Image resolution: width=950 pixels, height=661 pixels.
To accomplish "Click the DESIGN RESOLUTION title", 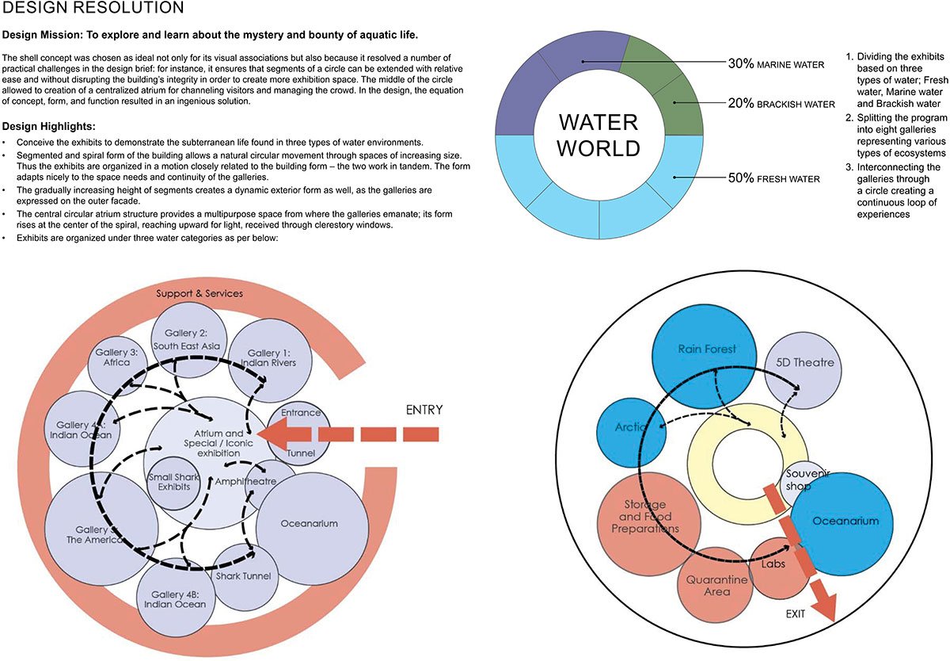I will pos(94,9).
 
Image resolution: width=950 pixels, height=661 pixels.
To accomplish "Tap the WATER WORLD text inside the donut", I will pos(598,136).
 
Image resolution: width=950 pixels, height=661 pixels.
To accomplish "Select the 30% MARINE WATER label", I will pos(776,63).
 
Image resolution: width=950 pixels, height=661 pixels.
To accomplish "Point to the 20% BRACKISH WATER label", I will pos(781,104).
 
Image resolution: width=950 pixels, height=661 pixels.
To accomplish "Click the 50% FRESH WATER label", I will pos(773,179).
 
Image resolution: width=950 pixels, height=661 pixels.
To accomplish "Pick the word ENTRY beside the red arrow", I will pos(424,410).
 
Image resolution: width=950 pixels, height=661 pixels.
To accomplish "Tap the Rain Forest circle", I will pos(707,350).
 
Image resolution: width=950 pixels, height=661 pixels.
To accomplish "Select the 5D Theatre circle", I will pos(805,364).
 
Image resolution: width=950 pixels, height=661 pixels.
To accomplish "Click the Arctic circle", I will pos(629,429).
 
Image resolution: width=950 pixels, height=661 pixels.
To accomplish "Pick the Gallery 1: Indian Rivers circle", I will pos(271,357).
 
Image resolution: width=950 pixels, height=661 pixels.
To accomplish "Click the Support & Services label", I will pos(199,293).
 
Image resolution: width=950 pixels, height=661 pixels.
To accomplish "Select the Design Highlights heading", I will pos(49,127).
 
